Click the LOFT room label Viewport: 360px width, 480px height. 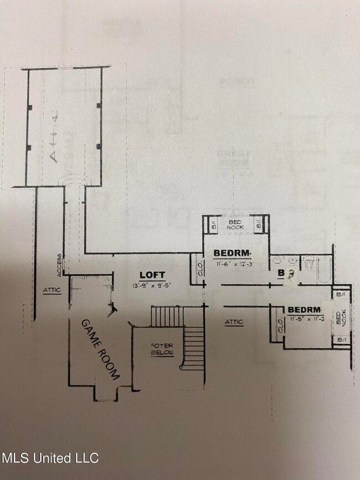(152, 275)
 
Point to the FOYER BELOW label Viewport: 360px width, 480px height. (162, 349)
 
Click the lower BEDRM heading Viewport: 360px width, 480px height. (304, 309)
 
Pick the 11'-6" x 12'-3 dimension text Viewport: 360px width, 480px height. (234, 264)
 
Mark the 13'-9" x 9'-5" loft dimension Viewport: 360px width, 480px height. (152, 285)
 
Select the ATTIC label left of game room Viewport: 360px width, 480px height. (52, 289)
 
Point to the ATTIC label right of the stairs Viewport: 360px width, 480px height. (234, 322)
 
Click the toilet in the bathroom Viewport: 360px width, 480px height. (309, 262)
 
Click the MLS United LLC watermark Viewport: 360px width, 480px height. (50, 458)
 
